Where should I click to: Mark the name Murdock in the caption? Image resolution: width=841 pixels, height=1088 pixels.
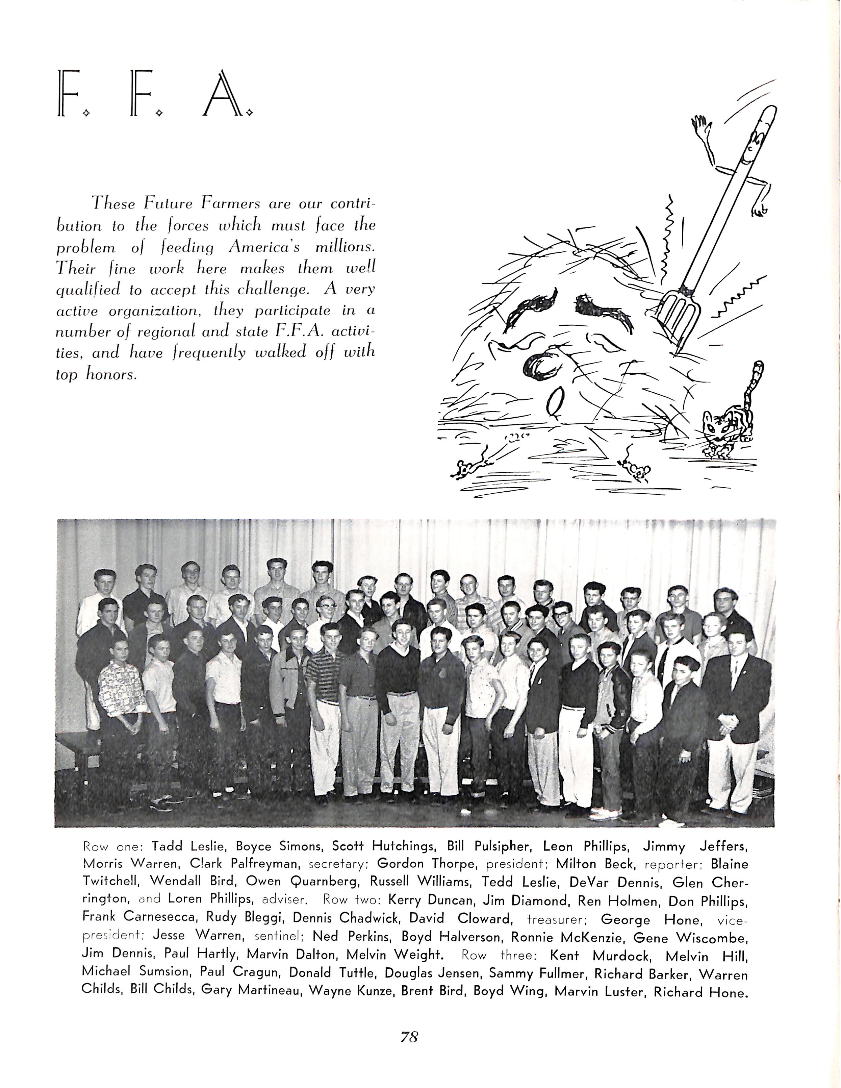tap(621, 956)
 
